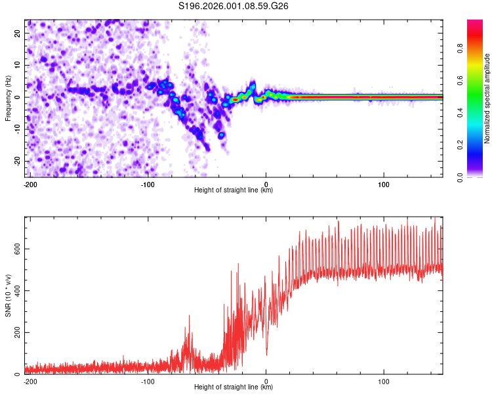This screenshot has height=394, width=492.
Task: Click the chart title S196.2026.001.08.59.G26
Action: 234,7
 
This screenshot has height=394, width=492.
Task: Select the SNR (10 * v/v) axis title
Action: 8,294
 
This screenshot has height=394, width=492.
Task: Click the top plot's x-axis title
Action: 234,190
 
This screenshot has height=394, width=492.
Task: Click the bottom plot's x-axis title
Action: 234,387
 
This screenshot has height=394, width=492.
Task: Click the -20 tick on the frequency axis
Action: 18,161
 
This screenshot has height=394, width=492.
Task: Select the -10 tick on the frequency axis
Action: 18,129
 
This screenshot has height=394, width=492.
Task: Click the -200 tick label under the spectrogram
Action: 29,183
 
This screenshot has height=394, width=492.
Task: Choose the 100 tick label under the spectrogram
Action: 384,183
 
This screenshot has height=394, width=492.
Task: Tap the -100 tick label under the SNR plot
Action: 148,380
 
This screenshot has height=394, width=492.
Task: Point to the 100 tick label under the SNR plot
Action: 384,380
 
